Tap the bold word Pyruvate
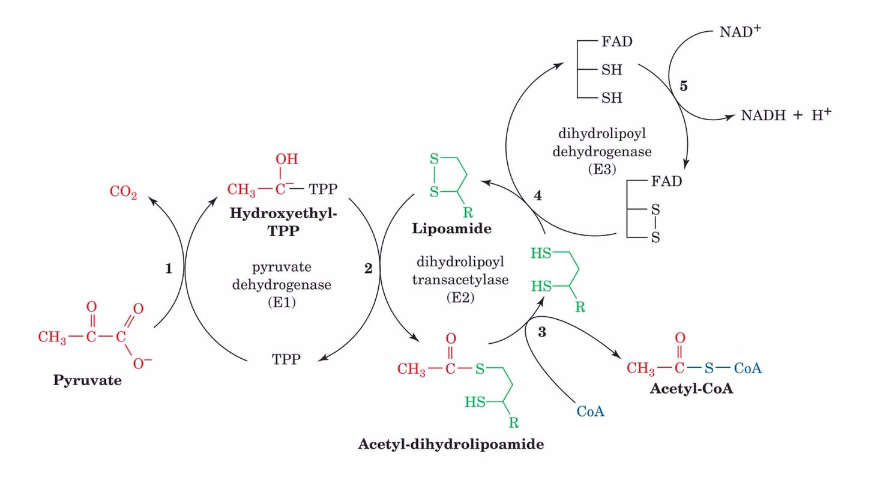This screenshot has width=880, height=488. click(87, 380)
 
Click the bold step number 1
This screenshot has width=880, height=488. click(169, 270)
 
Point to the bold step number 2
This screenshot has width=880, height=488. click(369, 269)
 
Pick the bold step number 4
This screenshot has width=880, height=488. click(538, 197)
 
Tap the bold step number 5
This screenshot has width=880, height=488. click(684, 86)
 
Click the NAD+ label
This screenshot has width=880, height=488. click(740, 32)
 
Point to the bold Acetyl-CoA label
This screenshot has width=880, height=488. click(692, 389)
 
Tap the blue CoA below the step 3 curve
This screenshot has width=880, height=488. click(589, 412)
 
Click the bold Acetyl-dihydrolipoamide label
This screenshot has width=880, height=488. click(451, 445)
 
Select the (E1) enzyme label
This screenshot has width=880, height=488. click(282, 303)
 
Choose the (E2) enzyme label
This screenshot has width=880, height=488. click(461, 297)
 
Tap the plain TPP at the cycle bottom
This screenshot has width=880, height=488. click(286, 359)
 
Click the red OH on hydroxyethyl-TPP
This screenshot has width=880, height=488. click(286, 160)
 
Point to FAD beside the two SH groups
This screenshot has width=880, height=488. click(616, 41)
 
